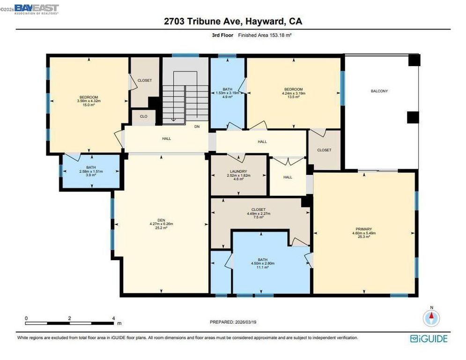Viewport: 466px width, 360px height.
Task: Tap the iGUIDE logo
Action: pyautogui.click(x=429, y=338)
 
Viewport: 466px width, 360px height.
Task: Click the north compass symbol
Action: pyautogui.click(x=431, y=318)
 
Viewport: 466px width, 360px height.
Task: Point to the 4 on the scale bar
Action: pyautogui.click(x=114, y=318)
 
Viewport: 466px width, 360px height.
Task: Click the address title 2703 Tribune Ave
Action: pyautogui.click(x=233, y=22)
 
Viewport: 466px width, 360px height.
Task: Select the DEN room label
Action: pyautogui.click(x=161, y=220)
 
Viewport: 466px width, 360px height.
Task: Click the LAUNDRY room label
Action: pyautogui.click(x=238, y=172)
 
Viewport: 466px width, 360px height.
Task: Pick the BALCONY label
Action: pyautogui.click(x=379, y=91)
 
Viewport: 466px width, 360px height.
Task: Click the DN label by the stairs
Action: pyautogui.click(x=197, y=127)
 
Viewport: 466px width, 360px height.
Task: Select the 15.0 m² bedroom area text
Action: pyautogui.click(x=89, y=105)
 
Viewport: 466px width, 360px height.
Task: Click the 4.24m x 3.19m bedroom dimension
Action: pyautogui.click(x=294, y=93)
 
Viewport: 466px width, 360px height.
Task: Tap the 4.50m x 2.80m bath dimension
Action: pyautogui.click(x=262, y=263)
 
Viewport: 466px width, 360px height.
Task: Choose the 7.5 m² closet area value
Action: pyautogui.click(x=259, y=217)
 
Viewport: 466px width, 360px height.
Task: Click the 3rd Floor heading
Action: pyautogui.click(x=221, y=35)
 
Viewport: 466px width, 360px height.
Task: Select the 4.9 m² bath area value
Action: pyautogui.click(x=228, y=97)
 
